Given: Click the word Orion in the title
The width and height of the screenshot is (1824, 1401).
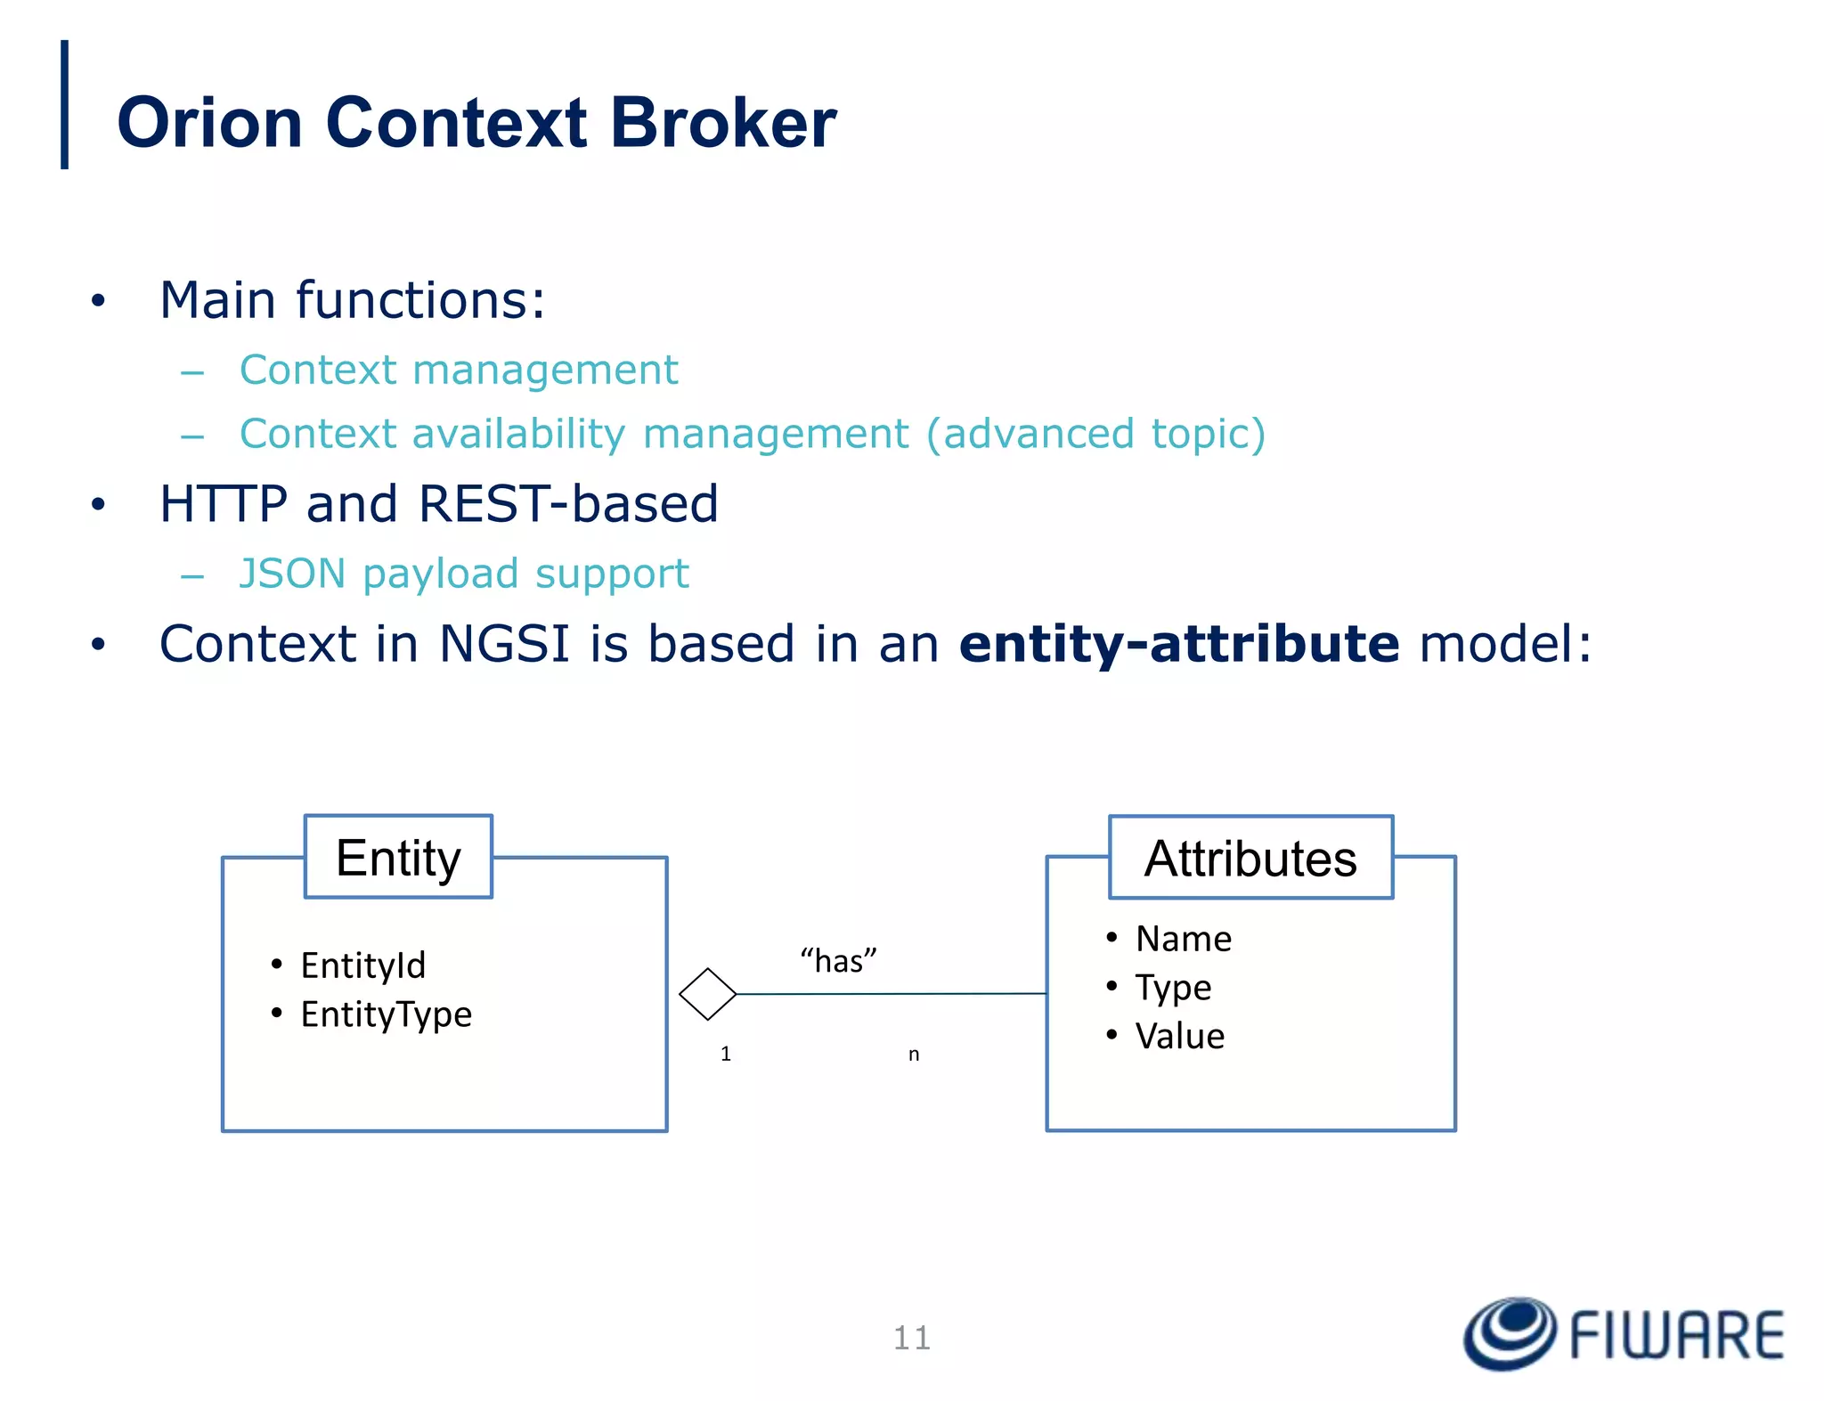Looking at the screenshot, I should [210, 123].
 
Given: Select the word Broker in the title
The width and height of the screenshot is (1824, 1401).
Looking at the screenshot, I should [722, 123].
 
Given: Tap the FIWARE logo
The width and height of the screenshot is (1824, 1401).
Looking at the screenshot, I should [1623, 1334].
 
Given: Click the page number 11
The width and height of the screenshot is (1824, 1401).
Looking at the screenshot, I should [912, 1338].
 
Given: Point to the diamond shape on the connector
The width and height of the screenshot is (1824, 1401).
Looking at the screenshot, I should [707, 994].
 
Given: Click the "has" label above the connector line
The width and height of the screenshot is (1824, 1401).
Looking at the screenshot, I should [838, 961].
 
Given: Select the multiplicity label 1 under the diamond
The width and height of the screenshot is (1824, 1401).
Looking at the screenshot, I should [726, 1055].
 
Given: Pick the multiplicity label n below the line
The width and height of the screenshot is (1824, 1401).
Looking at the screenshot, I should [914, 1055].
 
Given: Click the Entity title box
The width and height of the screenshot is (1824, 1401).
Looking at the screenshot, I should [398, 858].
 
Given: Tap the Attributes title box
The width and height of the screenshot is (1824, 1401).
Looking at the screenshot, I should [1250, 859].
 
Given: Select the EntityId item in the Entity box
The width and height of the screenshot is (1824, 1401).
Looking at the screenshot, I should [362, 965].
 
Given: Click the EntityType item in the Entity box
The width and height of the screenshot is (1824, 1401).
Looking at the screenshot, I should [386, 1014].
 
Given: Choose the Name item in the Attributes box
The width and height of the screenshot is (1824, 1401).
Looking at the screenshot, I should [1183, 939].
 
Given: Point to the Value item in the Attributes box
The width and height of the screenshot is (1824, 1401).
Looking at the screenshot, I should [1179, 1036].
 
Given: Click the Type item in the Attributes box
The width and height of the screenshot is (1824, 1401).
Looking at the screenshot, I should [1173, 988].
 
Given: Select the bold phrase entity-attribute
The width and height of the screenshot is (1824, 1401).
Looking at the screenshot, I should [1179, 644].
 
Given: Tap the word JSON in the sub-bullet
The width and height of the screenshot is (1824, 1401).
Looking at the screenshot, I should [292, 574].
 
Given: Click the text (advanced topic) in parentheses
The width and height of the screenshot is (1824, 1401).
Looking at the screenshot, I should [1095, 435].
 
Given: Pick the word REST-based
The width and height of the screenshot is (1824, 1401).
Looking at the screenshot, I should [567, 504].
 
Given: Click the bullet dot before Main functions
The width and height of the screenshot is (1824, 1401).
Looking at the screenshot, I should [98, 301].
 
